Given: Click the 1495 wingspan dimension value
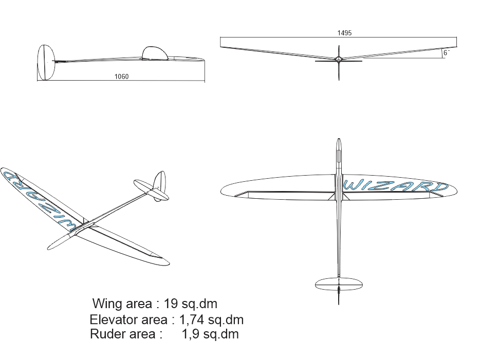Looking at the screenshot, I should (x=344, y=33).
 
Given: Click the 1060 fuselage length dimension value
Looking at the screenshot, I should (x=121, y=77).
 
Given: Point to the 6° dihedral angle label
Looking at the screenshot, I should (x=446, y=53).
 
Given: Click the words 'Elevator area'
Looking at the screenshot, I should (x=128, y=319).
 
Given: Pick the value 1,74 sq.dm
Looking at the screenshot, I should (x=211, y=319).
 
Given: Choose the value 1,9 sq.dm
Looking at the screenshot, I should (x=210, y=334).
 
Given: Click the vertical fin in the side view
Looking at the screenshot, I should (x=46, y=63).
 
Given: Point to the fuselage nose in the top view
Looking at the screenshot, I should (x=338, y=144).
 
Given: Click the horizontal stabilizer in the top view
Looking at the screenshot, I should (x=339, y=283).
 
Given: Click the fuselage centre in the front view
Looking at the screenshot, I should (x=339, y=60).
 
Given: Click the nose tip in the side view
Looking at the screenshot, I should (x=204, y=61).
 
